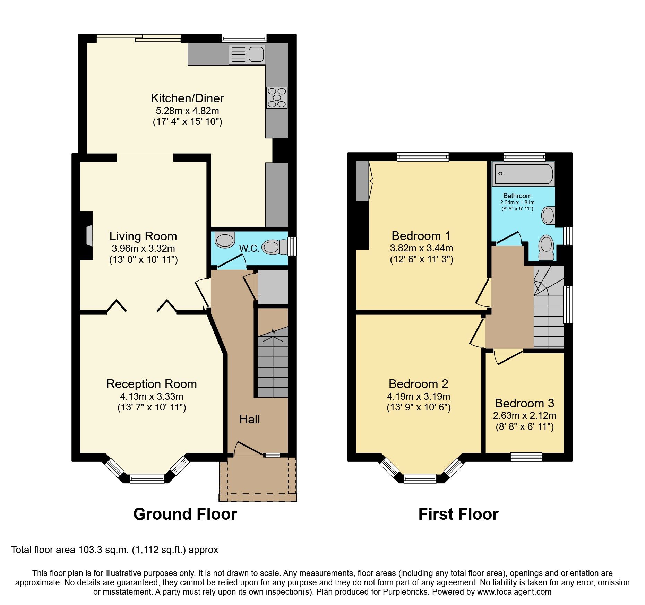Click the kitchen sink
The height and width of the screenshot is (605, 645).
click(x=247, y=55)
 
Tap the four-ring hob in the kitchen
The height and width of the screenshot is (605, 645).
click(x=277, y=97)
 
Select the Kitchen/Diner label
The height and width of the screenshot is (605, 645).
click(x=187, y=98)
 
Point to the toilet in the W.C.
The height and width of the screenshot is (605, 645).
click(x=274, y=247)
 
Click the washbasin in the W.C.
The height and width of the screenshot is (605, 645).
click(x=225, y=240)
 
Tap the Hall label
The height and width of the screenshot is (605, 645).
click(x=249, y=419)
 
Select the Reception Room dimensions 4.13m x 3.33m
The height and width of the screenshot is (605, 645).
click(x=152, y=396)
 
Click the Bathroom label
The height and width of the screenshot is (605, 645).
click(x=517, y=196)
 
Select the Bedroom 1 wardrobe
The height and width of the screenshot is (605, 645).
click(x=362, y=181)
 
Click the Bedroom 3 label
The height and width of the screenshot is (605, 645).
click(x=524, y=403)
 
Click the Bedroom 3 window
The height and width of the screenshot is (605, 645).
click(x=526, y=457)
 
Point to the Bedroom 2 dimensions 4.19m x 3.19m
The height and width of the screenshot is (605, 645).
click(x=418, y=396)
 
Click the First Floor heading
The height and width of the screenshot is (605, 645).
click(x=458, y=514)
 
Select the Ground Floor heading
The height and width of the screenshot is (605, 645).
click(x=185, y=514)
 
